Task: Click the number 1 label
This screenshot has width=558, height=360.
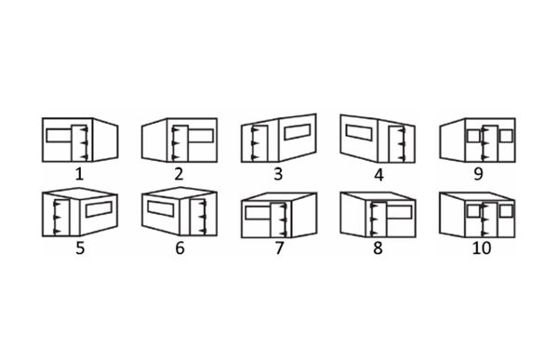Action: [x=79, y=174]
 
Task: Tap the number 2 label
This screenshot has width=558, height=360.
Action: [x=179, y=174]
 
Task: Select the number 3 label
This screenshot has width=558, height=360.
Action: [x=278, y=174]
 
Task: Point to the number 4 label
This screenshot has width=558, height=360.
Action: [x=379, y=175]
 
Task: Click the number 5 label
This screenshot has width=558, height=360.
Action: [x=80, y=247]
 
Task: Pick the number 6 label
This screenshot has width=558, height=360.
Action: [x=179, y=247]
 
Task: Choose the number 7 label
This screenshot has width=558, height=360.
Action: [x=279, y=247]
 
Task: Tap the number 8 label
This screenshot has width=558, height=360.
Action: [x=378, y=247]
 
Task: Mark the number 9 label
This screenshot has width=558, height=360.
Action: [x=478, y=174]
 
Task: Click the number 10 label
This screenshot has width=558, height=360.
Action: [x=482, y=247]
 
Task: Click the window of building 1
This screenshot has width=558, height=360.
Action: [x=60, y=135]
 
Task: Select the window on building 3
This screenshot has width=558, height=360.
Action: [x=298, y=132]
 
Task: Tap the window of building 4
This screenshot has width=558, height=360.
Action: [x=359, y=132]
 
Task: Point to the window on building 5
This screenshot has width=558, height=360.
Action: [x=100, y=209]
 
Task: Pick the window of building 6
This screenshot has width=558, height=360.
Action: [x=161, y=208]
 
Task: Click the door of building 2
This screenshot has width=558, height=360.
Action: [x=180, y=143]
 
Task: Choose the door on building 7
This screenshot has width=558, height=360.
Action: [x=279, y=220]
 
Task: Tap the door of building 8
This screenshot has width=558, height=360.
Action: [x=379, y=220]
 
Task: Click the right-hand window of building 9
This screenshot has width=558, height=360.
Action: [x=506, y=136]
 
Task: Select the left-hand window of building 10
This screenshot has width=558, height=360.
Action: [x=473, y=210]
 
